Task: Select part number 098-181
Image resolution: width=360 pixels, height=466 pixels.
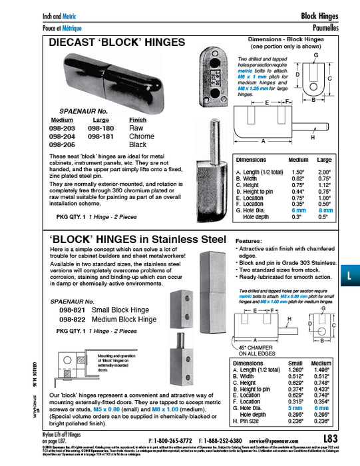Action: click(x=100, y=136)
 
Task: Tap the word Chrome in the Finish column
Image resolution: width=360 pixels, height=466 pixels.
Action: click(x=140, y=136)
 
